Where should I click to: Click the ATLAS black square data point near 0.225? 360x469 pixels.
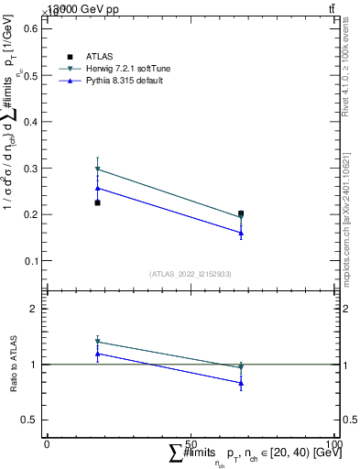click(97, 202)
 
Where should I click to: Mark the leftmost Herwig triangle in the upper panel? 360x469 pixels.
click(97, 169)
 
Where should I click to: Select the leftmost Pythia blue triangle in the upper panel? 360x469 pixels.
click(97, 188)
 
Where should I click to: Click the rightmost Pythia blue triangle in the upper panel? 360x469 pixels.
click(241, 233)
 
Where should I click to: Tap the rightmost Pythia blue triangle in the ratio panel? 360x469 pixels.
click(241, 383)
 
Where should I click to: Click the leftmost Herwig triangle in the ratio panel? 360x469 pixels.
click(97, 342)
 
